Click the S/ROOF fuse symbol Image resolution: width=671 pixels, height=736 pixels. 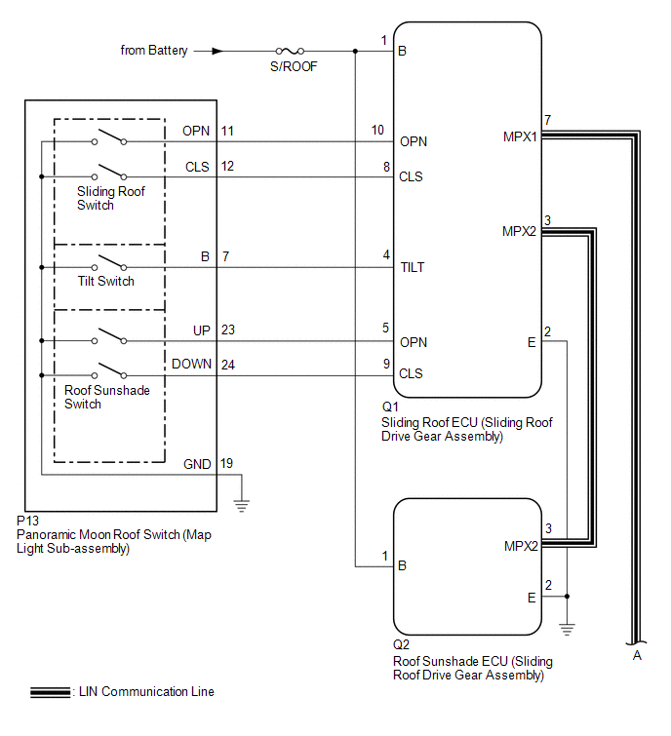[x=290, y=51]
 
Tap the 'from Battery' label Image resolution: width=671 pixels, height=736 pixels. [x=154, y=50]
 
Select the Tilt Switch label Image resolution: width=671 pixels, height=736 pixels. [x=106, y=281]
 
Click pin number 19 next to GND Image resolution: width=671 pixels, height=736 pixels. [x=227, y=464]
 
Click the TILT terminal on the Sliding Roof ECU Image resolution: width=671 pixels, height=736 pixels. [x=412, y=267]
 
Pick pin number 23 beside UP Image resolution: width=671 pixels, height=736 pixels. [x=227, y=330]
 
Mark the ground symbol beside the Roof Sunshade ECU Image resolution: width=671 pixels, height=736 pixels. [x=568, y=628]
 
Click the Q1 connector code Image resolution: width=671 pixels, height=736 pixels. [x=390, y=407]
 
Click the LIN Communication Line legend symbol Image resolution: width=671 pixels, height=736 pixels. [x=49, y=692]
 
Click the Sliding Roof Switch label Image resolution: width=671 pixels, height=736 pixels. [x=111, y=198]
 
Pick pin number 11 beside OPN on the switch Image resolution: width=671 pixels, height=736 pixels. [x=227, y=130]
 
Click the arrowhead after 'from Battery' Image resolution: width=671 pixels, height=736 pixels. [x=217, y=51]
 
